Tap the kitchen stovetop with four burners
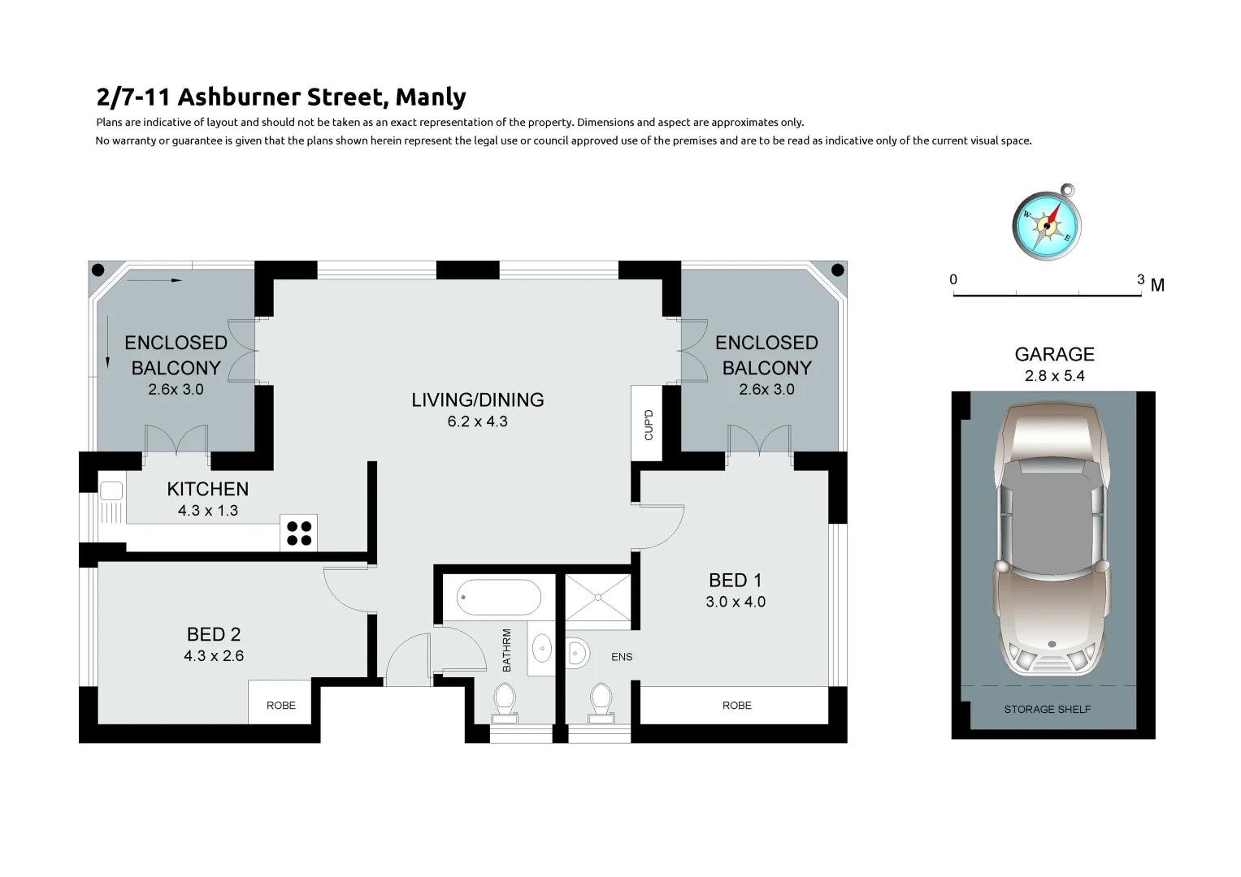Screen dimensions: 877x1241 298,534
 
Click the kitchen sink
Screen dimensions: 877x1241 111,490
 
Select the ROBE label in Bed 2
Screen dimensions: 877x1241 281,706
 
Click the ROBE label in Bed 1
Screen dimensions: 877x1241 737,706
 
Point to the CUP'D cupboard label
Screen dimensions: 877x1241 649,425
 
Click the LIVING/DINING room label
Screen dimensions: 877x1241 478,400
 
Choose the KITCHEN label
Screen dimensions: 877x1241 208,489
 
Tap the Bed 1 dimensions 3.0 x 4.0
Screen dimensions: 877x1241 735,602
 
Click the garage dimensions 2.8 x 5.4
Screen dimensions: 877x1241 1054,376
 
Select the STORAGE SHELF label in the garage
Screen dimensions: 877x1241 1047,710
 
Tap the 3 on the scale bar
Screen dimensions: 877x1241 1140,279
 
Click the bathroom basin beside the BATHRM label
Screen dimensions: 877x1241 541,649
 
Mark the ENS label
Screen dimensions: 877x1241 622,657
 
